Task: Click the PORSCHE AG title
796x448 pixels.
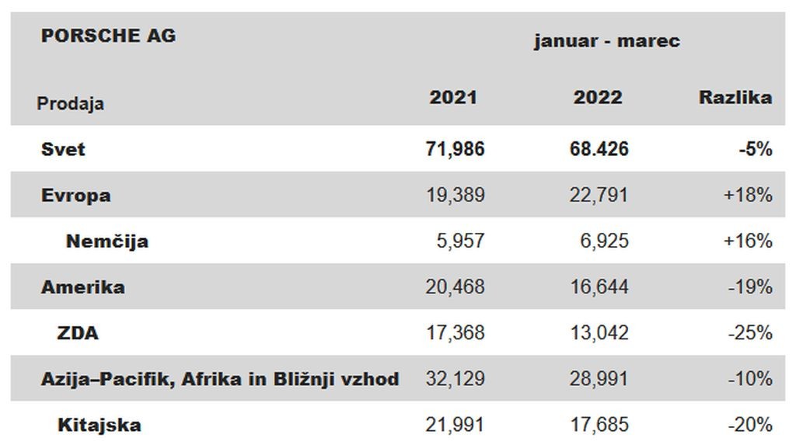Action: (x=108, y=36)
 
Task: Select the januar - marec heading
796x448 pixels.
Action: (x=606, y=40)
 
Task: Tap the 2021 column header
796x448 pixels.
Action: (x=453, y=97)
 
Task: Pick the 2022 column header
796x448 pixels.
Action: (x=598, y=97)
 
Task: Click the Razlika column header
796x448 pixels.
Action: (x=735, y=97)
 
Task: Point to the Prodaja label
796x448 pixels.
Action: (x=71, y=103)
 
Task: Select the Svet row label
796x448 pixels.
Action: (x=63, y=149)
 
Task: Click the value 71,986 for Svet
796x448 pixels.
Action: (x=455, y=149)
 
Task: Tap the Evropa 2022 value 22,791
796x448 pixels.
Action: (x=599, y=195)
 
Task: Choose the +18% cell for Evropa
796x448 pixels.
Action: (x=748, y=195)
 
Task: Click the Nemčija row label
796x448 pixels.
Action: (x=107, y=241)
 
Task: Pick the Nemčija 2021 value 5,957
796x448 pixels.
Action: (x=460, y=241)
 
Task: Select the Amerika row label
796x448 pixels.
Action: (x=82, y=287)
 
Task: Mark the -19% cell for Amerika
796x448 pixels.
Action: (x=750, y=287)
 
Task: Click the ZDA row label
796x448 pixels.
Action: (x=78, y=333)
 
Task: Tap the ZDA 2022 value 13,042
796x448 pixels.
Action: (x=599, y=333)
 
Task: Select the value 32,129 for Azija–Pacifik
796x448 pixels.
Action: (x=455, y=380)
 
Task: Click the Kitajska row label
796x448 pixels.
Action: (x=99, y=425)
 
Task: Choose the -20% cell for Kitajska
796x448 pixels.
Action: (x=750, y=425)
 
